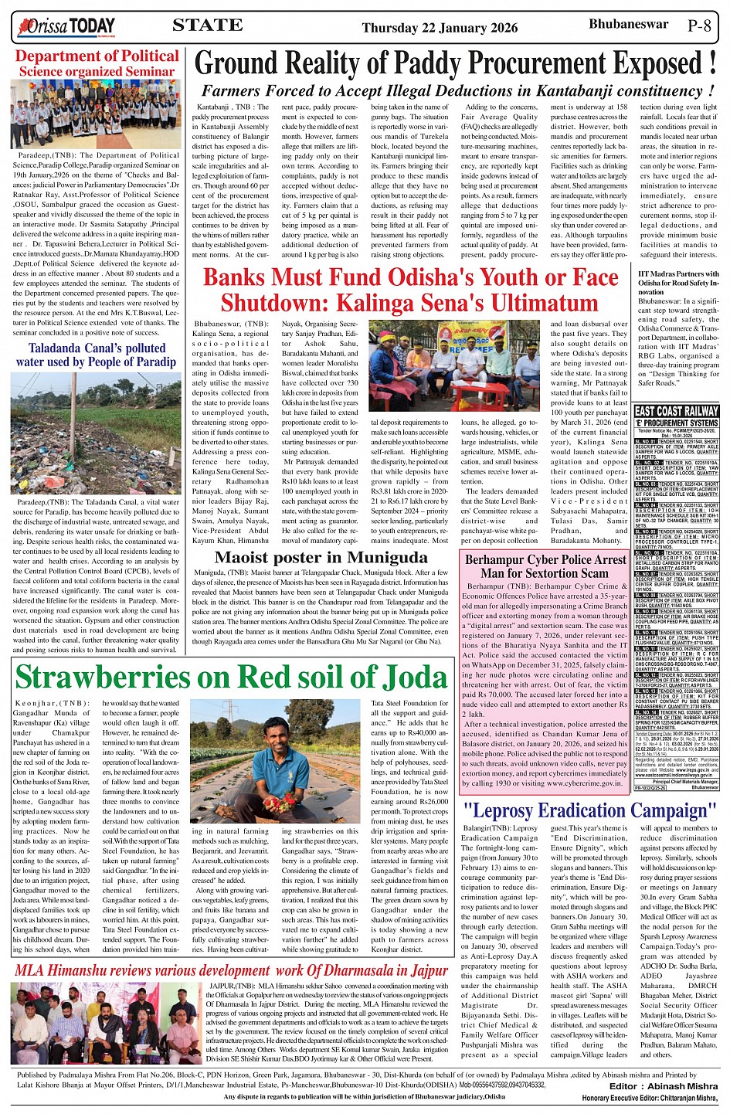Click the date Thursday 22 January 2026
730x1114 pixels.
click(440, 28)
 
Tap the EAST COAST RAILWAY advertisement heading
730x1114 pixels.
click(676, 412)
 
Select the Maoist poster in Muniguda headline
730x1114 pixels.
click(321, 557)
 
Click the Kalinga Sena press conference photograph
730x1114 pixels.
click(453, 365)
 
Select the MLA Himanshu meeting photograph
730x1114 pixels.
click(106, 1022)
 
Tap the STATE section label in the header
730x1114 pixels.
click(207, 25)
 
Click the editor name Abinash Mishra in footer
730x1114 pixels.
click(681, 1086)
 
